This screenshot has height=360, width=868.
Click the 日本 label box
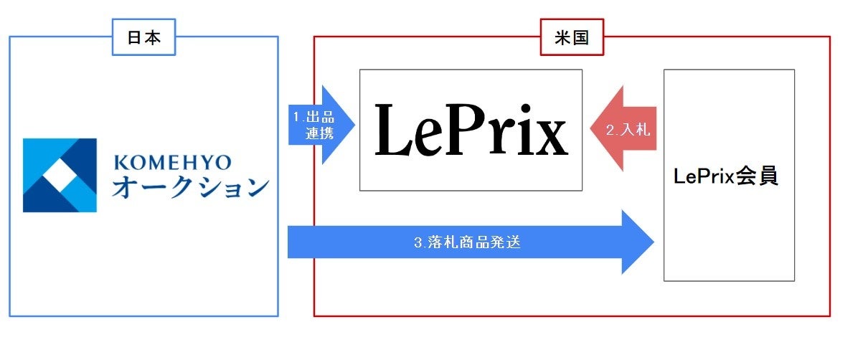coord(144,38)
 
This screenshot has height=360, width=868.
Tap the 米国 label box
coord(572,38)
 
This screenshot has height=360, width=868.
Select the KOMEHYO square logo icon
coord(60,175)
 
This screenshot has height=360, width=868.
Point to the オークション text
coord(190,189)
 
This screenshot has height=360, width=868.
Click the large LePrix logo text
coord(471,130)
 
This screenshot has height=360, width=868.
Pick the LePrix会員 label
coord(726,177)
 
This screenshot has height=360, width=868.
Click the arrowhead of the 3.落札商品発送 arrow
coord(638,242)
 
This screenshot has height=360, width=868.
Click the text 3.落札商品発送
coord(466,242)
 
